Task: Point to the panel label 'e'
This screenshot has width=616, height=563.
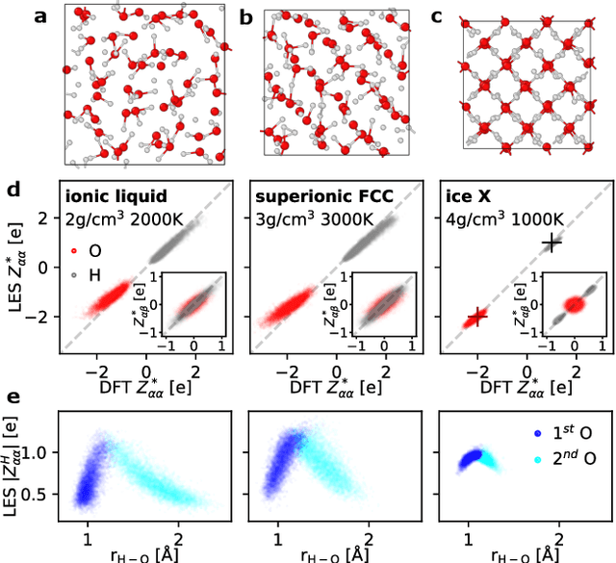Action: [x=13, y=396]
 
